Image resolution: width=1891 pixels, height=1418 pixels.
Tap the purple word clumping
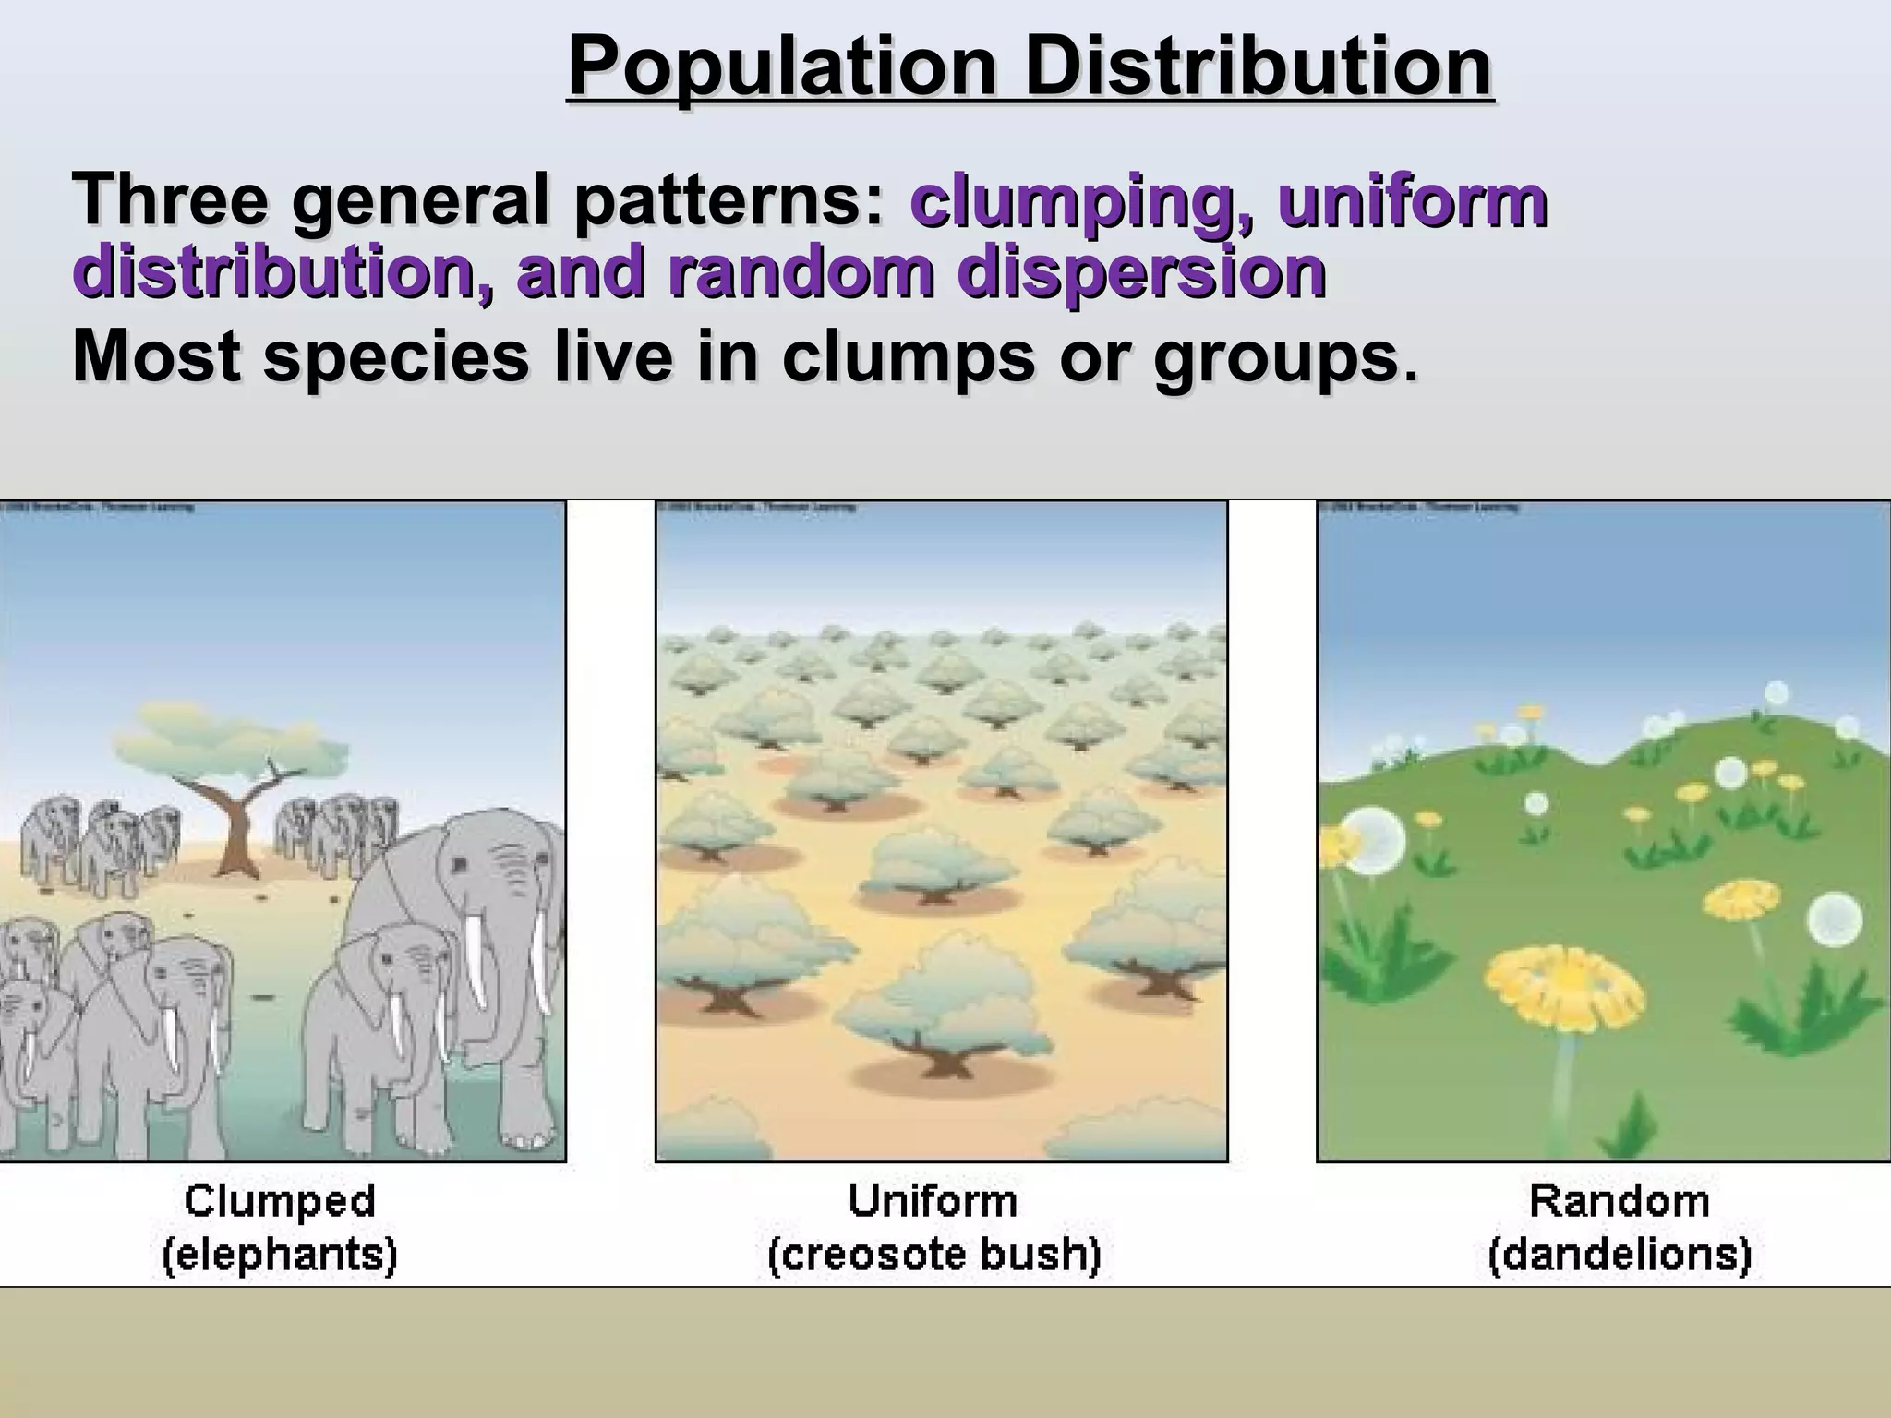[x=1079, y=201]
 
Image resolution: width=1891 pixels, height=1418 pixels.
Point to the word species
[x=397, y=357]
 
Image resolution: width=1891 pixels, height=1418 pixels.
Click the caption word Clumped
[x=280, y=1202]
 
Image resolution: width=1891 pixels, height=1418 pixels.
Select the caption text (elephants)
[x=280, y=1256]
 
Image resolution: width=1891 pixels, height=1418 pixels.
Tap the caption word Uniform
[x=933, y=1202]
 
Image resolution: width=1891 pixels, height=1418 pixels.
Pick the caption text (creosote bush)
[x=934, y=1256]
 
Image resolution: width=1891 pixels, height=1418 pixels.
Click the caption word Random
[x=1620, y=1202]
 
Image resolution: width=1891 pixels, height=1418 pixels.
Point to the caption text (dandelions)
[x=1620, y=1256]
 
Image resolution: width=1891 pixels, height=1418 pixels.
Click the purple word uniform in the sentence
[x=1412, y=201]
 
